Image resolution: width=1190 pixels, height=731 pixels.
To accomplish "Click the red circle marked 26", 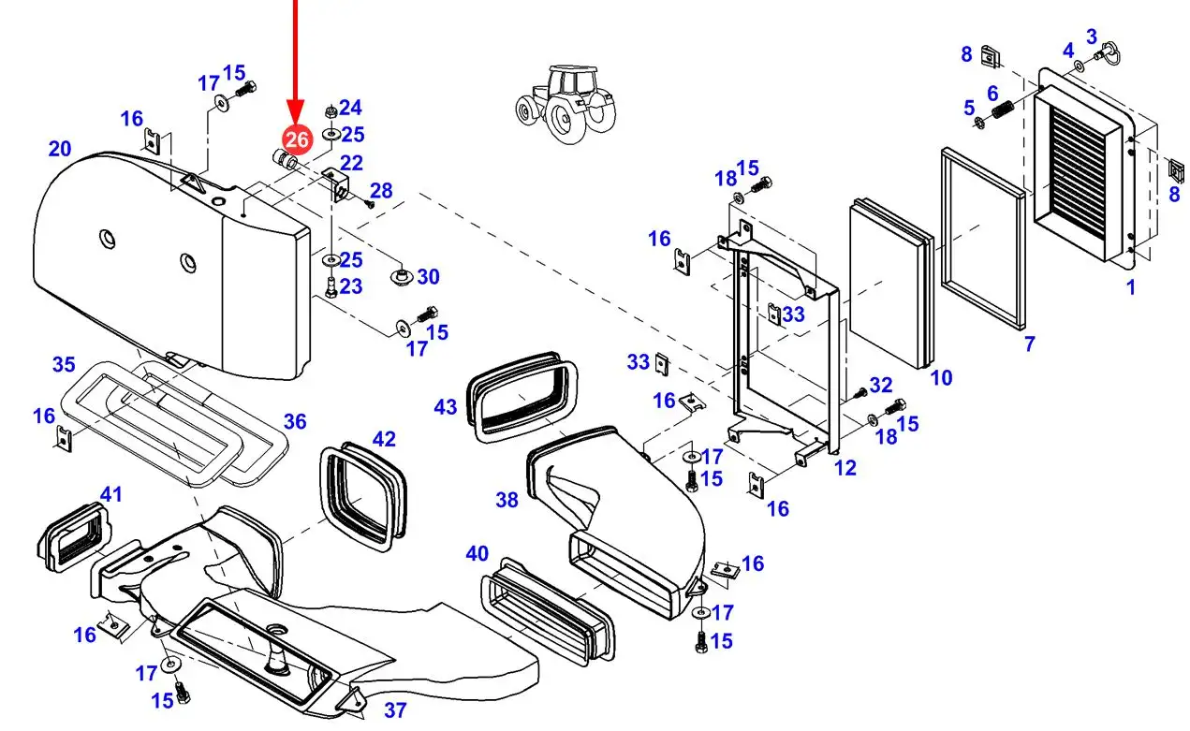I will [x=297, y=139].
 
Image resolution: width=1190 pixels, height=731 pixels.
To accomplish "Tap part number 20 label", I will [x=60, y=149].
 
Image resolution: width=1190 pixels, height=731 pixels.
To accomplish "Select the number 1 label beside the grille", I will [x=1130, y=287].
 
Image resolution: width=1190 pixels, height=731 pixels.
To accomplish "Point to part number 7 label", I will [x=1030, y=344].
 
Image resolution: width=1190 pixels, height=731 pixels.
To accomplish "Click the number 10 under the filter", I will [x=941, y=377].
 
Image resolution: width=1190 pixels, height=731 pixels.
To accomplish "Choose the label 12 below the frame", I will [x=845, y=467].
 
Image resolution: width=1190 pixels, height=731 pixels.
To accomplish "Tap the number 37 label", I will [x=395, y=710].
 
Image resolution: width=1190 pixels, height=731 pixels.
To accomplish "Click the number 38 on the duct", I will [x=507, y=501].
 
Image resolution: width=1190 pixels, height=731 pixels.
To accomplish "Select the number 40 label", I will [x=477, y=554].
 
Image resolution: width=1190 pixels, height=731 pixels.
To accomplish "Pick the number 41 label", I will [x=110, y=494].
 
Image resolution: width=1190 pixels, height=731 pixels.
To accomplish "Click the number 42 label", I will [x=384, y=439].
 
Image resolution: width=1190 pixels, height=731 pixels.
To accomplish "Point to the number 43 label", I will [x=446, y=407].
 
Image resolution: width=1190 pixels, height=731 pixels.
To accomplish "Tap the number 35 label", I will [x=64, y=364].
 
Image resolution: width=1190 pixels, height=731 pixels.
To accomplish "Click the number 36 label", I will [x=295, y=422].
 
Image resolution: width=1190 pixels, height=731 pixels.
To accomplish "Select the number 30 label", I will [x=428, y=276].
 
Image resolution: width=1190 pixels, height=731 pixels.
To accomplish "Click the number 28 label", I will [x=381, y=191].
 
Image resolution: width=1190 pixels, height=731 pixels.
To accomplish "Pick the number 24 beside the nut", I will [x=350, y=108].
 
